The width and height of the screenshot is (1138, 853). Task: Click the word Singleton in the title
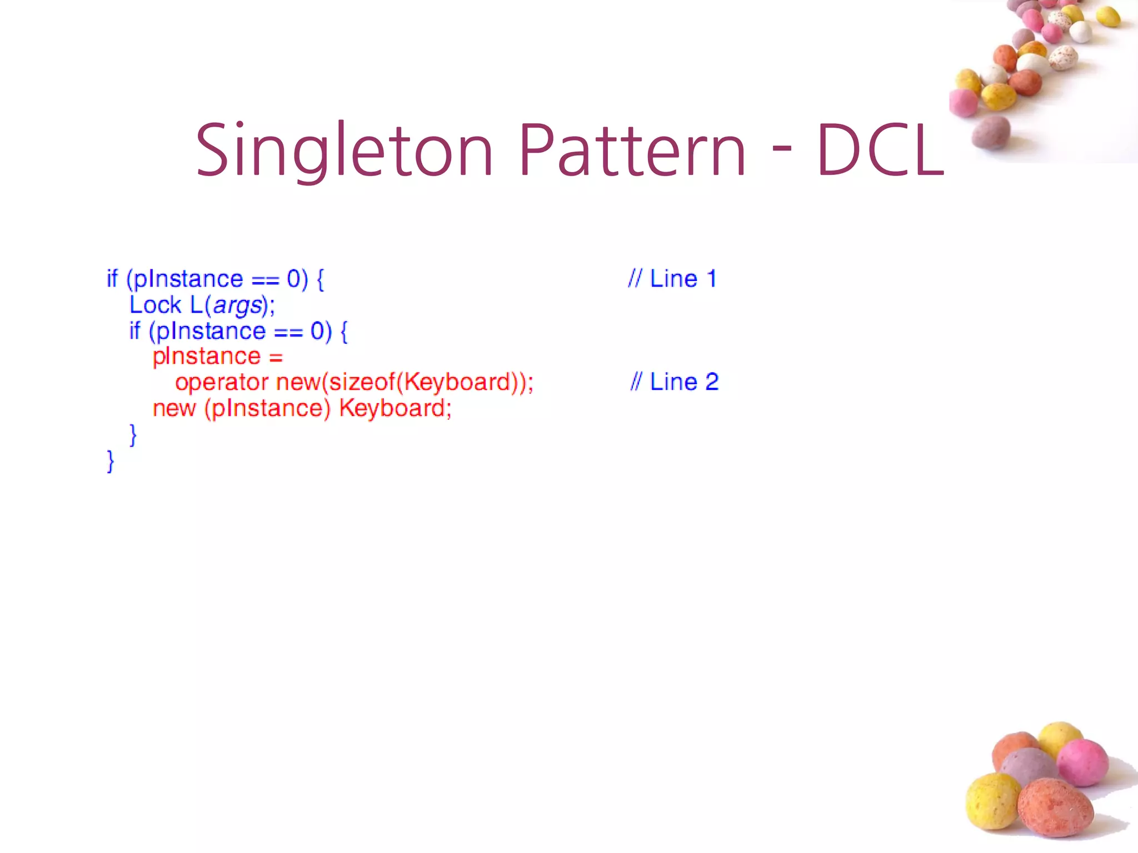344,151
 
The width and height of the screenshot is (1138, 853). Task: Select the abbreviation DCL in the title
880,151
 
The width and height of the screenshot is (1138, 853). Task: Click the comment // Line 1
672,279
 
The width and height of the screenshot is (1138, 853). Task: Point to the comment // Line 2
674,382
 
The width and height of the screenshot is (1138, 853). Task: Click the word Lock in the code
155,305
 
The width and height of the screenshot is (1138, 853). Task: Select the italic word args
237,305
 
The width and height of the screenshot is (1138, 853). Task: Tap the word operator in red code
222,382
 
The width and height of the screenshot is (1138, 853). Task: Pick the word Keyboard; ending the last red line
395,408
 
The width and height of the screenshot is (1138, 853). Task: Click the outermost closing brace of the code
110,461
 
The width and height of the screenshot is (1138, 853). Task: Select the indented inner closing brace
133,435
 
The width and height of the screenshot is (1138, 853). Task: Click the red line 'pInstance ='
217,357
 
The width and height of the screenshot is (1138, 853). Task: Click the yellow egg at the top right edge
1107,17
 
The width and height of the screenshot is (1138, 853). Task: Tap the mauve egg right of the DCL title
991,132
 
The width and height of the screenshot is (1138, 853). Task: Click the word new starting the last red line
174,408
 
